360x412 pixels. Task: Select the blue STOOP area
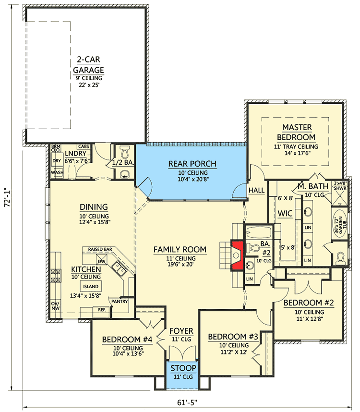(183, 372)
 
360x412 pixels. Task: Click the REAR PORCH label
(192, 164)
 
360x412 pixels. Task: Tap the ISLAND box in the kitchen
(90, 287)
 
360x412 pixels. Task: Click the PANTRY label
(119, 302)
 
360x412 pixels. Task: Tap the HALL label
(256, 191)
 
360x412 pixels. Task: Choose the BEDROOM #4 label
(127, 339)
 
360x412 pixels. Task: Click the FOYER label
(181, 331)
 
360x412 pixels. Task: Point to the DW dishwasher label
(102, 261)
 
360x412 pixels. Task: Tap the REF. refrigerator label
(102, 310)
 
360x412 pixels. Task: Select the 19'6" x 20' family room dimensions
(180, 265)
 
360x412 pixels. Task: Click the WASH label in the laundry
(57, 172)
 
